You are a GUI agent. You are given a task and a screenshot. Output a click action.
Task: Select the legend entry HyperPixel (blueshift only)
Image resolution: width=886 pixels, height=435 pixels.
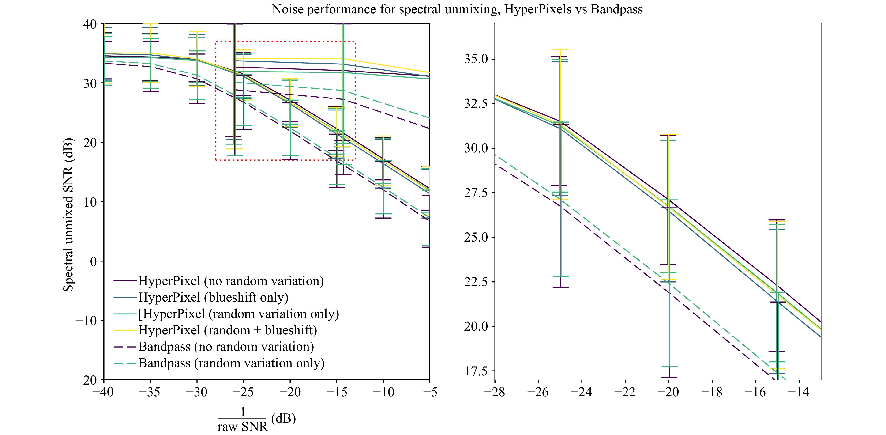click(x=213, y=297)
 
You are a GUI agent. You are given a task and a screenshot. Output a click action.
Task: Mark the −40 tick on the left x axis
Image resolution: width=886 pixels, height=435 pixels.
click(x=103, y=392)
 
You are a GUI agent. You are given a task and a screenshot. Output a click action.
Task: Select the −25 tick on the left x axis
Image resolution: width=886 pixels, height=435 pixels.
click(x=243, y=392)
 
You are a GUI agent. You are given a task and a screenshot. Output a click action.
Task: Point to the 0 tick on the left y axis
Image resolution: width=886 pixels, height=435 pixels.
click(x=93, y=261)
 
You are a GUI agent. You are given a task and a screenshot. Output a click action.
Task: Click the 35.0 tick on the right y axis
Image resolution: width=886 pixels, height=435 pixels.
click(x=476, y=59)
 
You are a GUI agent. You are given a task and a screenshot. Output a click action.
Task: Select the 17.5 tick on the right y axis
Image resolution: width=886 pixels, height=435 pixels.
click(x=476, y=371)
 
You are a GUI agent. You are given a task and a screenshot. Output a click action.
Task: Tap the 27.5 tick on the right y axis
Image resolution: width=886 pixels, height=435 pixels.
click(x=476, y=193)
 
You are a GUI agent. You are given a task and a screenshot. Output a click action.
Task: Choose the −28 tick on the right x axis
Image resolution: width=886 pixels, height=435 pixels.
click(x=495, y=392)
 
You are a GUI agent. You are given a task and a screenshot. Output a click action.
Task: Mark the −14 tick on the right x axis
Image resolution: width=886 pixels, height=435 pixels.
click(x=799, y=392)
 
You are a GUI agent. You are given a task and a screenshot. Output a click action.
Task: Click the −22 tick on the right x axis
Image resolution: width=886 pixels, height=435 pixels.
click(x=625, y=392)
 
